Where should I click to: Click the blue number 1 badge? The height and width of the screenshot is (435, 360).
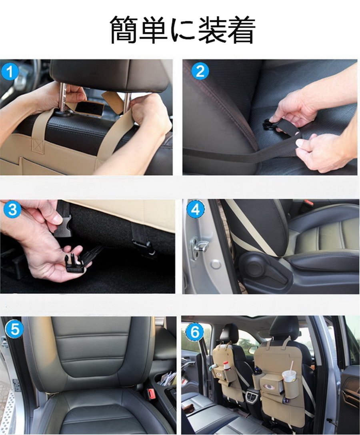point(10,72)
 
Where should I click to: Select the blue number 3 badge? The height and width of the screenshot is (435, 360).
point(12,210)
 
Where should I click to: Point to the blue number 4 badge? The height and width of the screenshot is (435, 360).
point(196,210)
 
